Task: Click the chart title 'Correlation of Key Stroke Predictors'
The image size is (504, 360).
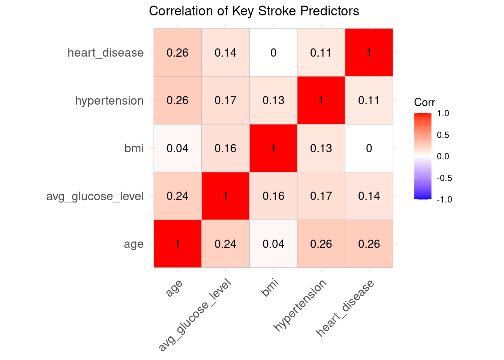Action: click(x=254, y=11)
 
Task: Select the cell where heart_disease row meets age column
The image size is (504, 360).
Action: click(x=177, y=52)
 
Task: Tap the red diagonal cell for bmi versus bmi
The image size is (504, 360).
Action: click(x=273, y=148)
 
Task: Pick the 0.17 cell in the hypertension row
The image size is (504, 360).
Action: click(x=225, y=100)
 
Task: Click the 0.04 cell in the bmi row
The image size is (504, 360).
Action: click(x=177, y=148)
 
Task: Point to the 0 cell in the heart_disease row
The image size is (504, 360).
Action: click(x=273, y=52)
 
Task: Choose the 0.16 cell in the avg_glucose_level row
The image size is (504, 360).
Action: click(x=273, y=196)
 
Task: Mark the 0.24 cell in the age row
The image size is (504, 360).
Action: click(x=225, y=244)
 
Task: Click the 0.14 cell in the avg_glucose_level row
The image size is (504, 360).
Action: click(x=369, y=196)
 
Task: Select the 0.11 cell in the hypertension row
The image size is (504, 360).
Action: click(x=369, y=100)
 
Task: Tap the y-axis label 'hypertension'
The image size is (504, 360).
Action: click(x=109, y=101)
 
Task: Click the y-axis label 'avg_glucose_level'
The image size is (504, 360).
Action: click(x=95, y=196)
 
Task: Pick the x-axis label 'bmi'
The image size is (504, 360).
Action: click(x=270, y=288)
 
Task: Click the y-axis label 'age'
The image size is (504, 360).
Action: click(x=134, y=244)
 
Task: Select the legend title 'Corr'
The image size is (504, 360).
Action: click(x=424, y=102)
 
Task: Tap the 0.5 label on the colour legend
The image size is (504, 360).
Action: click(x=443, y=135)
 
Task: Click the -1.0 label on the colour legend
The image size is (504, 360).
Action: click(x=444, y=199)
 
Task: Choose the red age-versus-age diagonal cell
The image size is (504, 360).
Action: click(x=177, y=244)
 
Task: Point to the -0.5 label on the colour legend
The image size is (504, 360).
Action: click(x=444, y=178)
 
